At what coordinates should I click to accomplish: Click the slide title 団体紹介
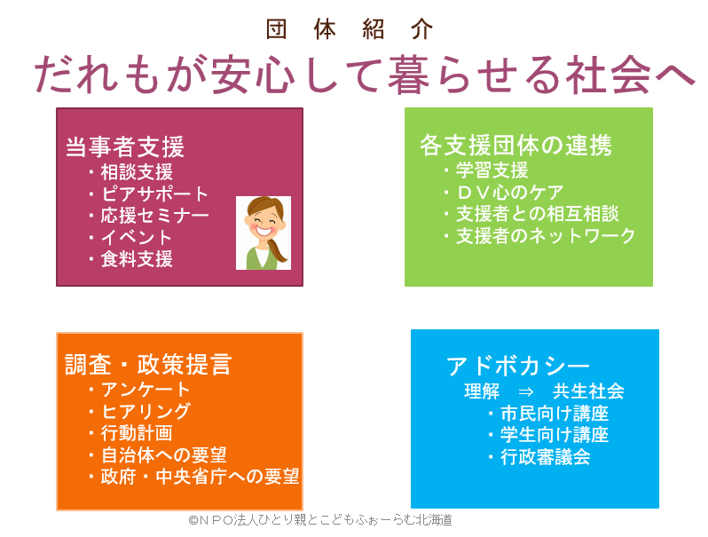[350, 29]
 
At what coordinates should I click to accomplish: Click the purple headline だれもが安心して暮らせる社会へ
[365, 75]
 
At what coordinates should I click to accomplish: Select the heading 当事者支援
[125, 146]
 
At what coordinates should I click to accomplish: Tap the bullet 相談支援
[137, 172]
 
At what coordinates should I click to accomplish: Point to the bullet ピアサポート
[154, 193]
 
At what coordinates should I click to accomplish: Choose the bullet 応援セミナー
[154, 216]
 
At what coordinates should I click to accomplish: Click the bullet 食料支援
[137, 259]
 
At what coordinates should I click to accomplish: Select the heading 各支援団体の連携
[515, 146]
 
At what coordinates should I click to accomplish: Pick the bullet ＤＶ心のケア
[510, 193]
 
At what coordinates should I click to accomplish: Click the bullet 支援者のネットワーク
[546, 236]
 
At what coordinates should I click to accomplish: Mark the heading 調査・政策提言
[148, 364]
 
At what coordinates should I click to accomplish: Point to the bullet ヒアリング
[146, 412]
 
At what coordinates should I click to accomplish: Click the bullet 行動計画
[137, 433]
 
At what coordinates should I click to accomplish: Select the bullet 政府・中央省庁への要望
[200, 477]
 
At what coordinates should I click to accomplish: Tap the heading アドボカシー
[518, 366]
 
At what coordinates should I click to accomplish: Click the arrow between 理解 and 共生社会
[526, 391]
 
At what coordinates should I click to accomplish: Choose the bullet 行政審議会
[546, 457]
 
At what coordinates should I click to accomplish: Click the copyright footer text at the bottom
[320, 520]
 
